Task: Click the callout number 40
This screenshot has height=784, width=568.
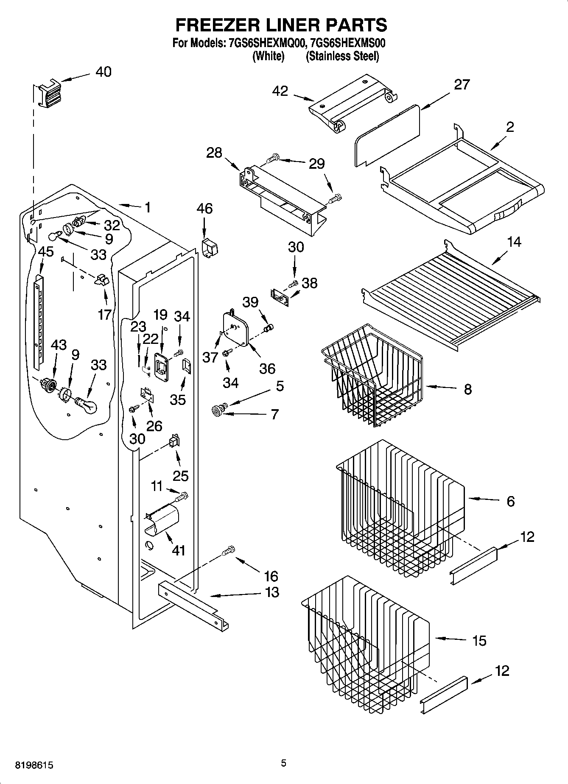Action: pos(103,72)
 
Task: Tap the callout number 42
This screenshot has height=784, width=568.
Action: pos(280,91)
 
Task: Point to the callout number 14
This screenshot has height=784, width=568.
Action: pos(514,242)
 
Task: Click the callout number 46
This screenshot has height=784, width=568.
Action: pos(204,209)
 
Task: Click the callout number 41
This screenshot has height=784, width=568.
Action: pos(179,550)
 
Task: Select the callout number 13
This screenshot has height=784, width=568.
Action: pos(271,592)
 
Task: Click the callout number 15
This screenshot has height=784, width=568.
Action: pos(479,640)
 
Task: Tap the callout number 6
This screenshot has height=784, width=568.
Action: pos(510,501)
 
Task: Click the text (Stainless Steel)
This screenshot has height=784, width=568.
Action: pos(342,56)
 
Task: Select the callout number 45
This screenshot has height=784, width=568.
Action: pos(46,251)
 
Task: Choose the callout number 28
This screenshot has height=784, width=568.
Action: pos(214,152)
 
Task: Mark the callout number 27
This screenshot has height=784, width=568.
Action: pos(462,85)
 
